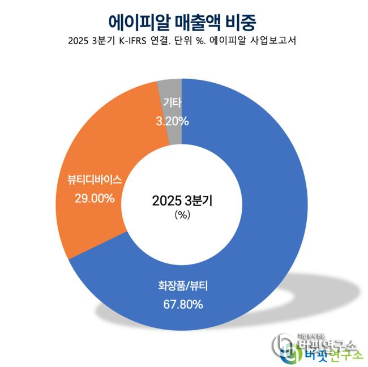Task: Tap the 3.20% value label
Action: [x=172, y=121]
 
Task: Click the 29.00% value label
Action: [x=95, y=198]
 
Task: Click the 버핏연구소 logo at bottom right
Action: [x=314, y=347]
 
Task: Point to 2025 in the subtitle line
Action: [x=78, y=41]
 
